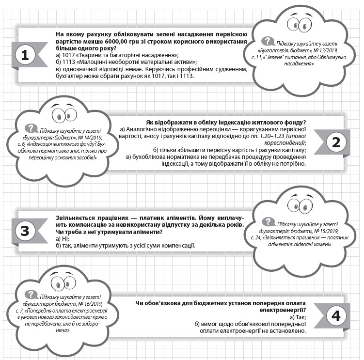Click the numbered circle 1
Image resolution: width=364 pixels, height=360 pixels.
click(25, 55)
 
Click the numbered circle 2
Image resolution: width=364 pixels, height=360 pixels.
click(338, 143)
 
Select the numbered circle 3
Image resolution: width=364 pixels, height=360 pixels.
click(25, 231)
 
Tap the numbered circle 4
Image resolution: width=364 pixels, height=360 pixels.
click(338, 315)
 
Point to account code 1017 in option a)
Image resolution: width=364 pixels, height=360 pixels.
click(71, 55)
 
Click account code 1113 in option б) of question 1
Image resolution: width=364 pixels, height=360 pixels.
click(71, 62)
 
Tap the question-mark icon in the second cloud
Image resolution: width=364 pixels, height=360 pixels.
click(31, 128)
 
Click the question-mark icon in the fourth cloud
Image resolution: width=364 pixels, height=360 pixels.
click(31, 294)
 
